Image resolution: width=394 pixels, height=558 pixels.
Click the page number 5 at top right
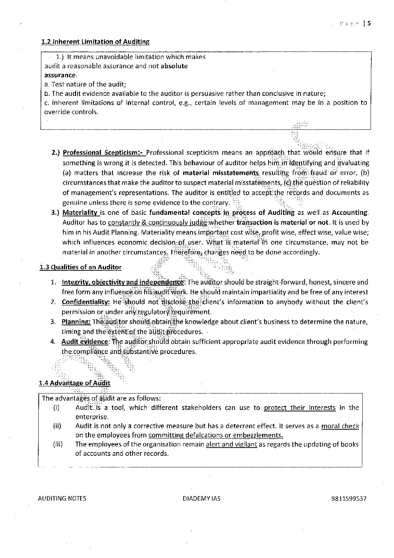point(369,23)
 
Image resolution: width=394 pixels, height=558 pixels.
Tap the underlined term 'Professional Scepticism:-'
point(104,153)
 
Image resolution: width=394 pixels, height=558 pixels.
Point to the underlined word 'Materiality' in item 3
point(80,213)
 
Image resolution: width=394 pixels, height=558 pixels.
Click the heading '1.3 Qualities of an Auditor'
point(80,267)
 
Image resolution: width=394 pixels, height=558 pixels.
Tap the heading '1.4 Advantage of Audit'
point(74,383)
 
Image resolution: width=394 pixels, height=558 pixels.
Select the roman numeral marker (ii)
point(57,426)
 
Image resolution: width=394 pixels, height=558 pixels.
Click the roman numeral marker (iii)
point(57,444)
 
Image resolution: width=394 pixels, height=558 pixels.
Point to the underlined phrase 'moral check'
point(340,426)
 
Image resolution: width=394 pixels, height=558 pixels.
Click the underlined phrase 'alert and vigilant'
point(231,444)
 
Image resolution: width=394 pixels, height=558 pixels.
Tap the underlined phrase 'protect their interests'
point(300,408)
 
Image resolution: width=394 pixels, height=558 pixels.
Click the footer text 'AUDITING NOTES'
point(62,498)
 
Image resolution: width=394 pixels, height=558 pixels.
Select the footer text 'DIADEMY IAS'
point(201,498)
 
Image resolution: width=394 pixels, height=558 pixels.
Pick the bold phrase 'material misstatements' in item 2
point(221,173)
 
